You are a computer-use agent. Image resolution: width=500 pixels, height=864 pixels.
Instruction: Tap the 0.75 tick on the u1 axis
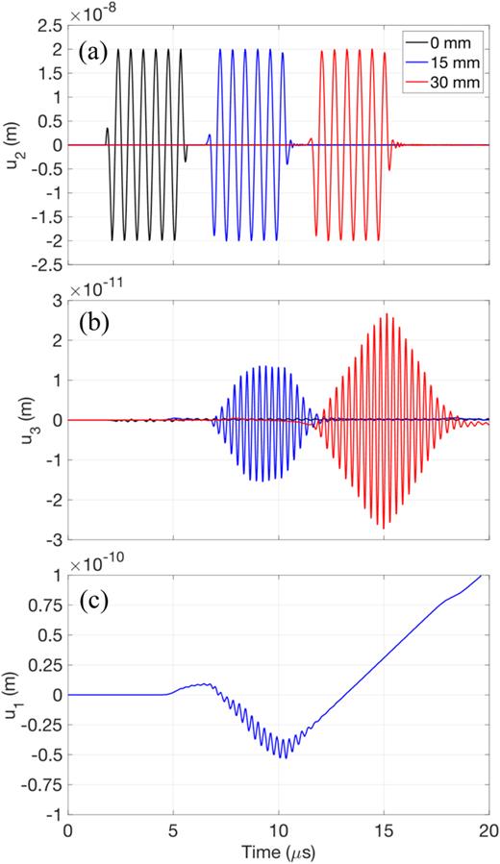[43, 605]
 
